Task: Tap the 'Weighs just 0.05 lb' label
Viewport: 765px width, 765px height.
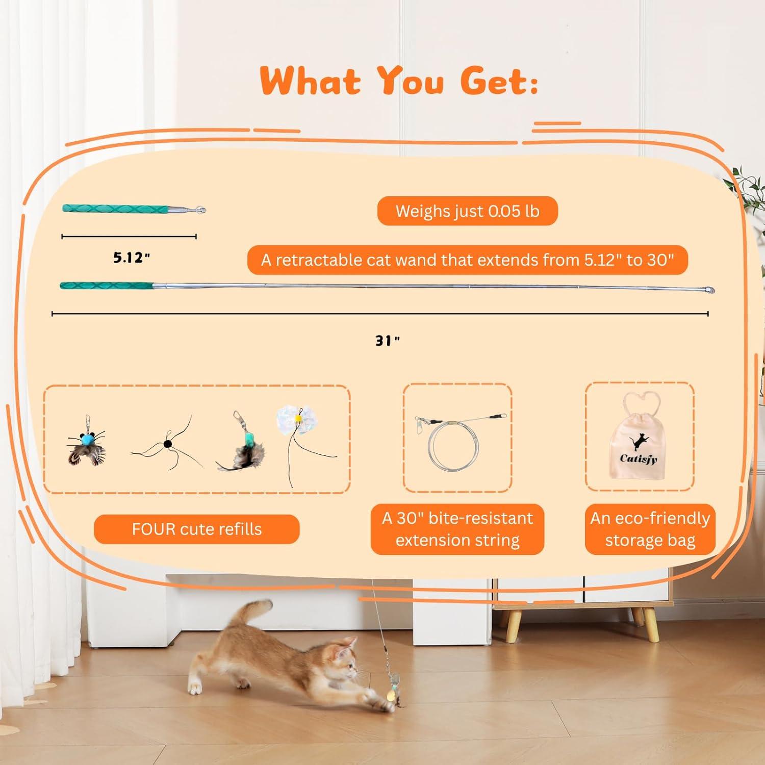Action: [x=467, y=211]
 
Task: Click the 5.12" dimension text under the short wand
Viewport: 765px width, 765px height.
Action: [x=132, y=258]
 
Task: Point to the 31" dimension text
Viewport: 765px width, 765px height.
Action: [x=387, y=341]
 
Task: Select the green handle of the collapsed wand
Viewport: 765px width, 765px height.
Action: [x=115, y=209]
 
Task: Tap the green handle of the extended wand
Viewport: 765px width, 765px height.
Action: [x=107, y=286]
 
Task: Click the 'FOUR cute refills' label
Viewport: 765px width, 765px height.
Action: [x=196, y=529]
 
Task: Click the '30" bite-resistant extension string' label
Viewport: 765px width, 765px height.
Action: [x=457, y=529]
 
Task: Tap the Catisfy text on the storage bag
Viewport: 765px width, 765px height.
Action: [x=639, y=458]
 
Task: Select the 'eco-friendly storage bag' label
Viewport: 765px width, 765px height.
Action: [x=650, y=529]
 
